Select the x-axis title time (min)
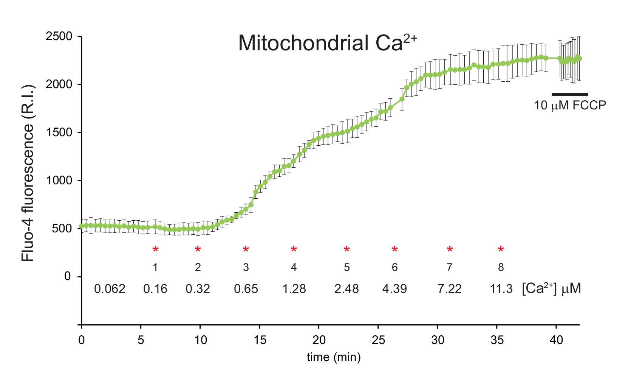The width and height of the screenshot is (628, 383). click(x=334, y=357)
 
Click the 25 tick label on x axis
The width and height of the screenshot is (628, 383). click(x=378, y=340)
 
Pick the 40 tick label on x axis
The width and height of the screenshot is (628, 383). click(x=556, y=340)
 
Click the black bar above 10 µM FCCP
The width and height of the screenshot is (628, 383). click(x=570, y=94)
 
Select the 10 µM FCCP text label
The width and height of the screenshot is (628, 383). click(x=570, y=105)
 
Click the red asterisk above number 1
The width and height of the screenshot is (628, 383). click(x=155, y=250)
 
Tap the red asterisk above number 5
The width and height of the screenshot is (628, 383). click(x=346, y=250)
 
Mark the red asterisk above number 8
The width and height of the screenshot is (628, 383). click(x=501, y=250)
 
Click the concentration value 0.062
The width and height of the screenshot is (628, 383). click(x=110, y=289)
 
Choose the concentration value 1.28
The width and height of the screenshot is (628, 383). click(x=294, y=289)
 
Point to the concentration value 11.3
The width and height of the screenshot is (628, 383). click(x=501, y=289)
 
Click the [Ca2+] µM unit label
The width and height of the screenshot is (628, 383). click(x=551, y=288)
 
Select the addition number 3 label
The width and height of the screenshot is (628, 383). click(x=246, y=268)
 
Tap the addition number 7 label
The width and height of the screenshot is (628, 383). click(x=449, y=268)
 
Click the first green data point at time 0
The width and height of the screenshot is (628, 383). click(x=82, y=226)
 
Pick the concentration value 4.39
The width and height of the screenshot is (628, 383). click(x=394, y=289)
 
